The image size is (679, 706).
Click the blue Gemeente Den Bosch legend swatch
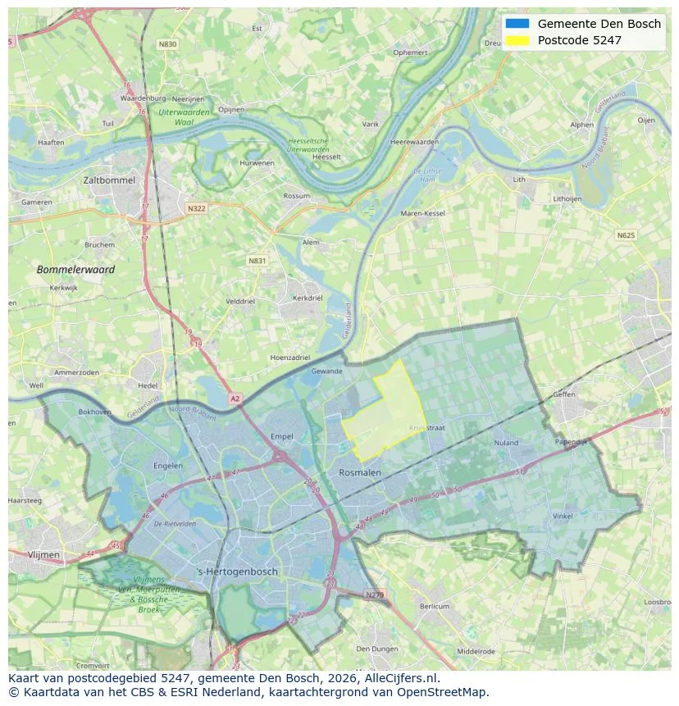pos(517,24)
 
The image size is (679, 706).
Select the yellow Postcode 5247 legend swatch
pos(517,40)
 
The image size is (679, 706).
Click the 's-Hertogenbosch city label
pos(238,572)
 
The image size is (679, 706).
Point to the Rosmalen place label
pos(359,473)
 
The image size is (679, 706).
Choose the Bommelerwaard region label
pos(75,270)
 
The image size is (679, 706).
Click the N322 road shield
pos(196,208)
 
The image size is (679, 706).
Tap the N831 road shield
pos(257,261)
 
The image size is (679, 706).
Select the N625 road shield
pos(625,235)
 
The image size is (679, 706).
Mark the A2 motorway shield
pos(235,399)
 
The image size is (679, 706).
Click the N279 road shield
pos(374,594)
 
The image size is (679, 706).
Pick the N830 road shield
pos(167,44)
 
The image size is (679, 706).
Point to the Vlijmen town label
pos(43,555)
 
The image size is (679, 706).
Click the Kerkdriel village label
pos(308,298)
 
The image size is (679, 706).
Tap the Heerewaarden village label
pos(415,142)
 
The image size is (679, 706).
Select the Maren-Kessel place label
pos(422,213)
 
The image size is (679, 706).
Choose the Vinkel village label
pos(563,517)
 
